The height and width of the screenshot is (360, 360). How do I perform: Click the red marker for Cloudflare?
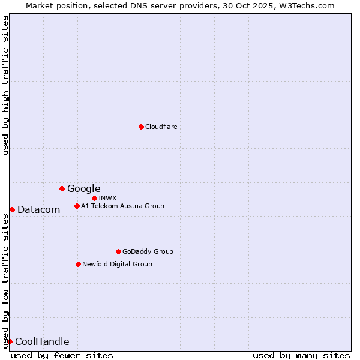141,127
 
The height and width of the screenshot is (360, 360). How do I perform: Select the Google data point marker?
62,188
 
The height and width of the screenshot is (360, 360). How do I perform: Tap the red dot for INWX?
94,198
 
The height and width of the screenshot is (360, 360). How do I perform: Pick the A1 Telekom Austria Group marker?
77,206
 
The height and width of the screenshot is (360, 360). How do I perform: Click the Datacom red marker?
12,209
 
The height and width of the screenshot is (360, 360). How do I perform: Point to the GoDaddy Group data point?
118,251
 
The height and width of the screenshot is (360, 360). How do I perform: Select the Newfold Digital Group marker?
78,264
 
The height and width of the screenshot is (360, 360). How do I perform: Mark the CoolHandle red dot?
10,341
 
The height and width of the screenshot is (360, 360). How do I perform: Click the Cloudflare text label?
161,127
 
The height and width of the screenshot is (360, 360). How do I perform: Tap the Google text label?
83,189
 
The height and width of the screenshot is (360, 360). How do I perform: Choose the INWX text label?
107,198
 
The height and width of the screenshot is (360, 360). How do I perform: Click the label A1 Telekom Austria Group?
122,206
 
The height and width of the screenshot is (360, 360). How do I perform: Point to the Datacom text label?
38,209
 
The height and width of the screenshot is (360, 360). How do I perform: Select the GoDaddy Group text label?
147,251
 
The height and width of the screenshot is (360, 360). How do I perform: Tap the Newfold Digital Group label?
117,264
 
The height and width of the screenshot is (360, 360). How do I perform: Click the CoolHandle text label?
42,342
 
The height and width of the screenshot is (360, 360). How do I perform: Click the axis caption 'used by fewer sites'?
62,355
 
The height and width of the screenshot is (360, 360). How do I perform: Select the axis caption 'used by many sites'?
301,355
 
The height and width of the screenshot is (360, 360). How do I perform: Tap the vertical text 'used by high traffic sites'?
5,85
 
